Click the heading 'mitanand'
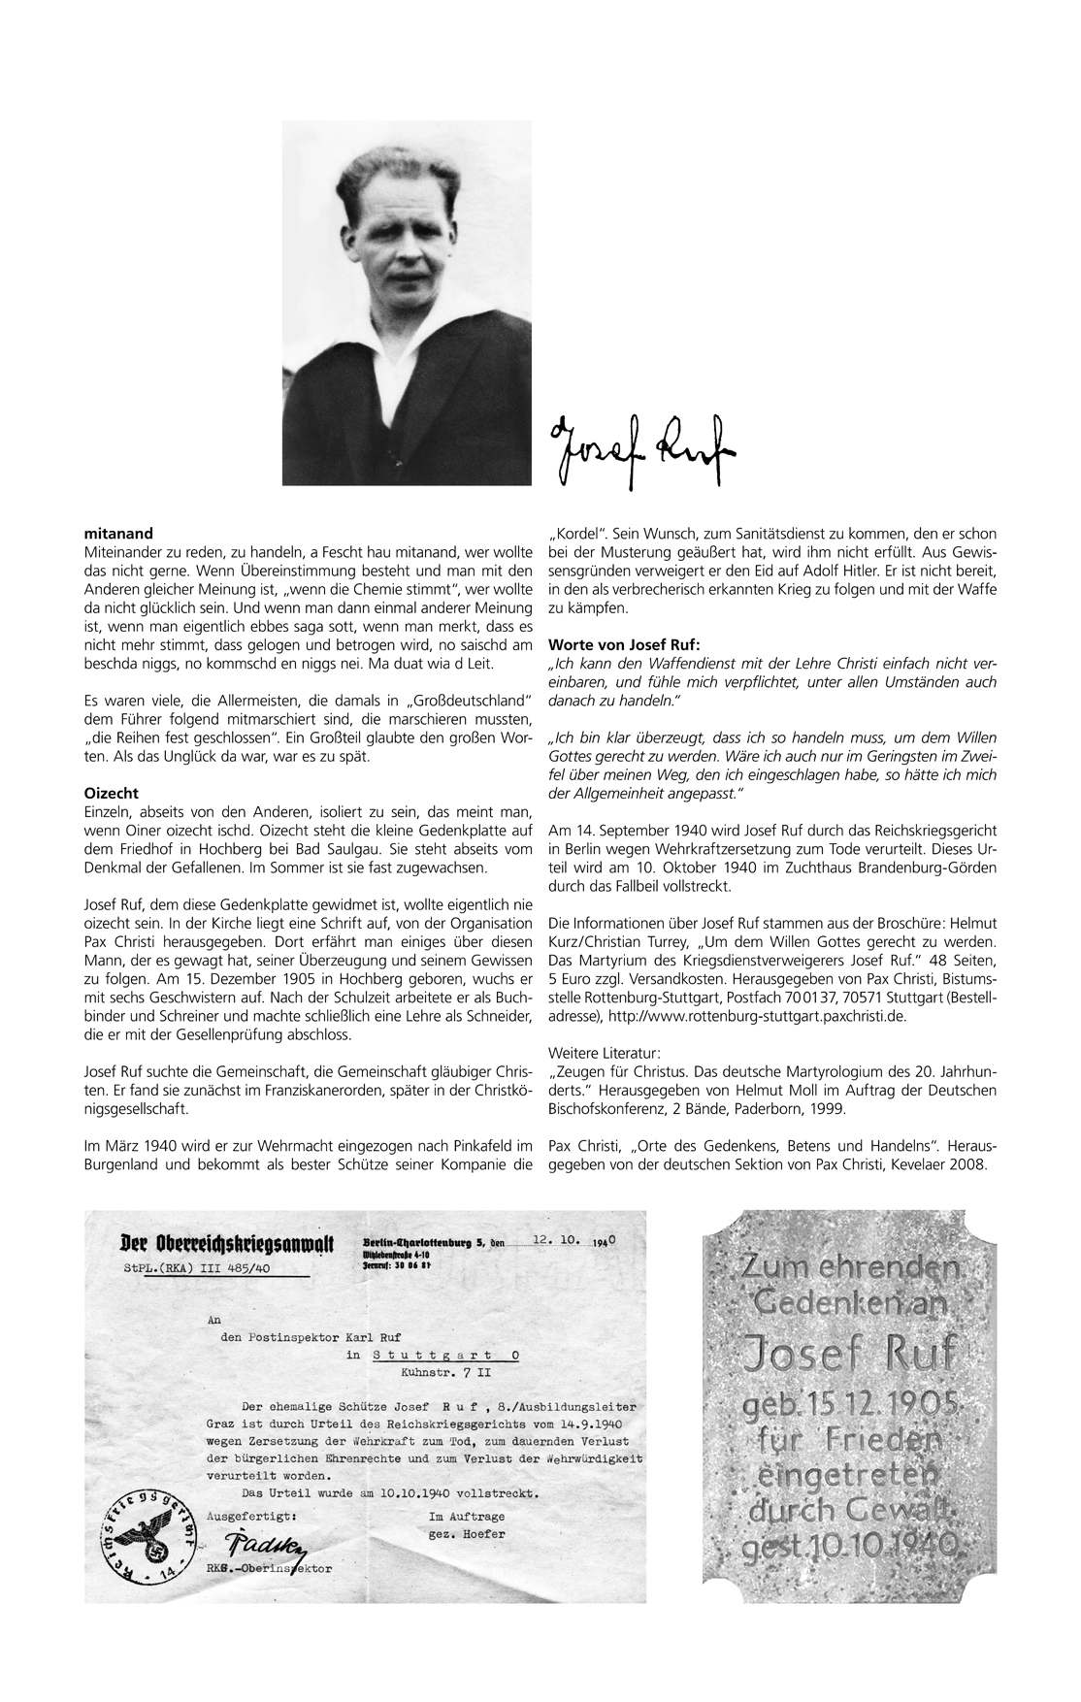[118, 533]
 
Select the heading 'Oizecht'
[113, 793]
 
